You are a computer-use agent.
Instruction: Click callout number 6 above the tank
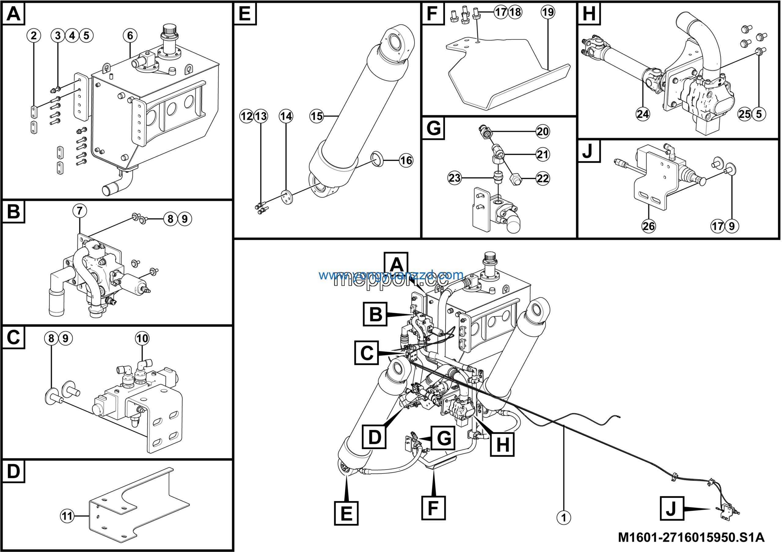tap(130, 35)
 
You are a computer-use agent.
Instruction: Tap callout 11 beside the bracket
tap(67, 516)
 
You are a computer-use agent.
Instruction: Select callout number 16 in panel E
tap(406, 160)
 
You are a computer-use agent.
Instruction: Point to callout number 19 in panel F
tap(548, 12)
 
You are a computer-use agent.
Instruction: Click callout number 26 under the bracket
tap(649, 226)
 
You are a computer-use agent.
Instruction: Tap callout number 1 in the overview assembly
tap(564, 517)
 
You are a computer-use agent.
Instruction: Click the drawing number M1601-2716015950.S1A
tap(691, 537)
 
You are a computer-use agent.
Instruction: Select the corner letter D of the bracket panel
tap(14, 471)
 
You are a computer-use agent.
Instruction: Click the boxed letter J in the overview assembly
tap(672, 508)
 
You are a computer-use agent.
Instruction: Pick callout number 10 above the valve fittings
tap(142, 338)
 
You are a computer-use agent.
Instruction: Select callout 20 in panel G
tap(543, 131)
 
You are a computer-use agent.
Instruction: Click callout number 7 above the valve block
tap(79, 211)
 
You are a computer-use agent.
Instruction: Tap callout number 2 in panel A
tap(34, 35)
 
